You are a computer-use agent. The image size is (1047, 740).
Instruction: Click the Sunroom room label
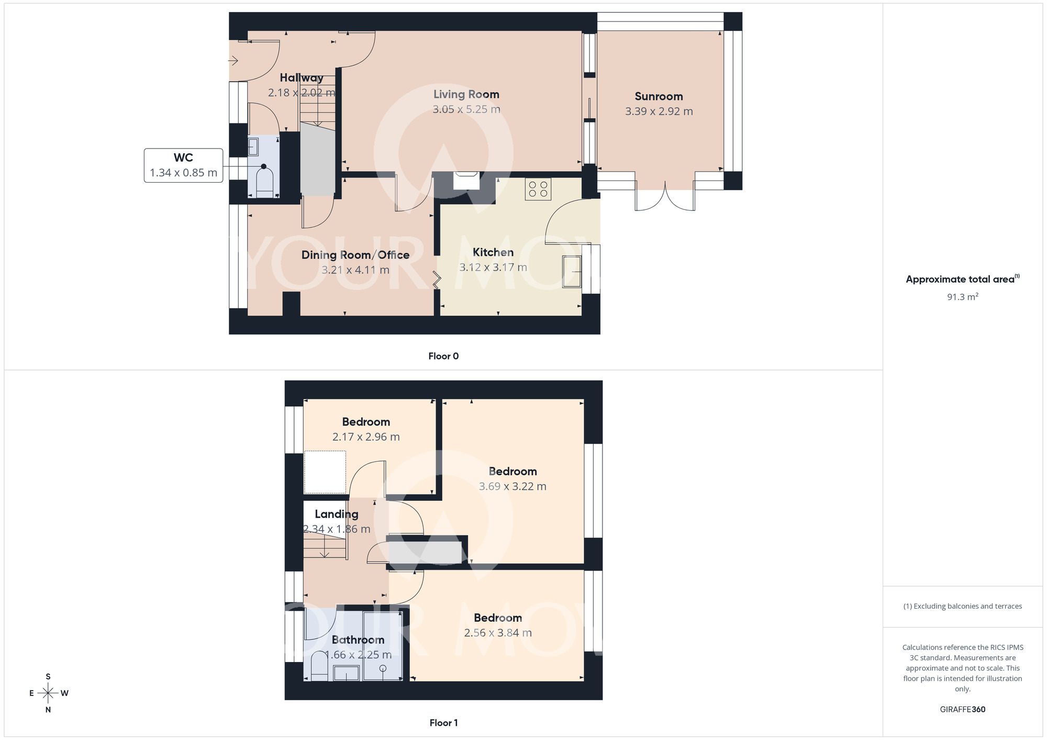659,96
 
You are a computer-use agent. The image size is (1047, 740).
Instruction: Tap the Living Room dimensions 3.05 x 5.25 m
466,109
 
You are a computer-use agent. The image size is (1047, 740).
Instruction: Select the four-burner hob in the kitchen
538,189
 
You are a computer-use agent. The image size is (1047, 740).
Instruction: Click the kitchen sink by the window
572,271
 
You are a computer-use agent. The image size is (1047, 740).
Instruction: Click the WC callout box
183,165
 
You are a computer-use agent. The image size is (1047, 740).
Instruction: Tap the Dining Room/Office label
355,255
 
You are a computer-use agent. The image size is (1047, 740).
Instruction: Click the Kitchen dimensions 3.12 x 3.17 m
493,267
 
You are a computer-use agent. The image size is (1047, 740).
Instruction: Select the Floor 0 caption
443,356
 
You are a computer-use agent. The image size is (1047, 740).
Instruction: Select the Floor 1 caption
443,723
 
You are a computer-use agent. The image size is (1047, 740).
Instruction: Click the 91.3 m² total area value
962,297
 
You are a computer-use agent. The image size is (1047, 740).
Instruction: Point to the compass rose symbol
48,693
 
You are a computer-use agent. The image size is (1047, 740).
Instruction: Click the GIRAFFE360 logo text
962,710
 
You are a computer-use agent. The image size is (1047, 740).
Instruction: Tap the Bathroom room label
358,640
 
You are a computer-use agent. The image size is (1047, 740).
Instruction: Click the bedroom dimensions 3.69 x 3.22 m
513,486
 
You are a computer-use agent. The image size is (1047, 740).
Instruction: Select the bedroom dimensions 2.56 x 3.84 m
498,633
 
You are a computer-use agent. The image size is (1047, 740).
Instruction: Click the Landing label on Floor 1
337,514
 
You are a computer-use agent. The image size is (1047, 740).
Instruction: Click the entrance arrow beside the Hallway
233,61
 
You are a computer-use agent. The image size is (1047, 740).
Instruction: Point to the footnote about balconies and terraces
962,606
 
